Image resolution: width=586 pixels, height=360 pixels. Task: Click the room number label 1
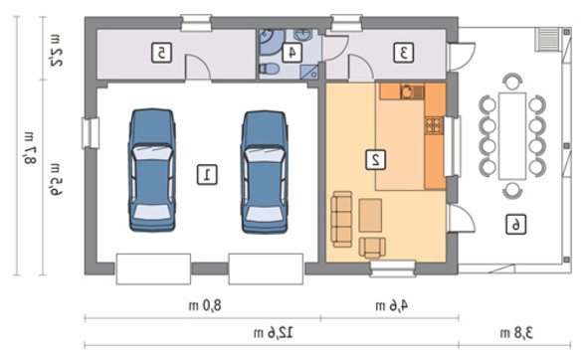point(207,175)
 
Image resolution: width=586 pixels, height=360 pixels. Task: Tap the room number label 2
point(375,160)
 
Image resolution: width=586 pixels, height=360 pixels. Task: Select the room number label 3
point(404,53)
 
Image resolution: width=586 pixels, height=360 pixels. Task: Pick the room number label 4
point(293,53)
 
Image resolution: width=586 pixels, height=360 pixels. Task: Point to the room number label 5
point(161,53)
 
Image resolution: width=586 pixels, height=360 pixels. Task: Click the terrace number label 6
point(515,225)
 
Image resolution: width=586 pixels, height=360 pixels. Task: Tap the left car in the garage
point(152,170)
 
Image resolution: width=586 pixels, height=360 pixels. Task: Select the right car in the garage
point(265,172)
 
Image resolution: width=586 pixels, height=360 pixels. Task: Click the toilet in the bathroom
point(269,69)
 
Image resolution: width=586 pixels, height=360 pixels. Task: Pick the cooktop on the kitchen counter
point(434,125)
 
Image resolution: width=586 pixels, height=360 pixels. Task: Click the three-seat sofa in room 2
point(341,219)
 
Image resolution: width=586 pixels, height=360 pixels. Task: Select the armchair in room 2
point(372,248)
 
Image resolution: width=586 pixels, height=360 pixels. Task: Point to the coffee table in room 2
point(370,215)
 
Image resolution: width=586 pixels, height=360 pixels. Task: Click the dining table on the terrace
point(512,136)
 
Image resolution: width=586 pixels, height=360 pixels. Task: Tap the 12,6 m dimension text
point(274,333)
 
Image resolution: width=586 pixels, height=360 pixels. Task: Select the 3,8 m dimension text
point(516,333)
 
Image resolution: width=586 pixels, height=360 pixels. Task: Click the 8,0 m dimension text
point(205,306)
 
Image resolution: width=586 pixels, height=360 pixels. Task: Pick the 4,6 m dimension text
point(392,306)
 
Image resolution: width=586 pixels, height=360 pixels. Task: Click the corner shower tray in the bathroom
point(309,72)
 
